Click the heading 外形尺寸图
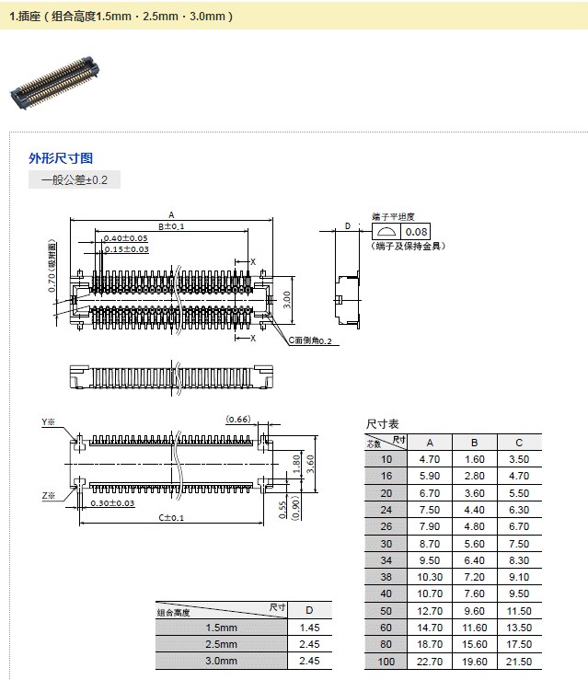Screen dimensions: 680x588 tap(61, 158)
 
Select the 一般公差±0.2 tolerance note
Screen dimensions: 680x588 tap(75, 180)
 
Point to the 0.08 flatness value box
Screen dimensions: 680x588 tap(417, 232)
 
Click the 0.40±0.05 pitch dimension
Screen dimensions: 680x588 tap(126, 238)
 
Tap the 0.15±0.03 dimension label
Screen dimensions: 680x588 tap(126, 249)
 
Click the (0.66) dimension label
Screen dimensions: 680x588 tap(237, 420)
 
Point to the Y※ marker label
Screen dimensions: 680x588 tap(49, 422)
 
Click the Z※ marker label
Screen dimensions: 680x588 tap(49, 496)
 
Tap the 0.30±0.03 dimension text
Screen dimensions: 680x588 tap(112, 503)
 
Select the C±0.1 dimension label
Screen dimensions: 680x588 tap(171, 518)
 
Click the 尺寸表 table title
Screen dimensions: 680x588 tap(382, 424)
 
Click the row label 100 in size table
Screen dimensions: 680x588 tap(386, 662)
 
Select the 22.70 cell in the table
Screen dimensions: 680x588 tap(430, 662)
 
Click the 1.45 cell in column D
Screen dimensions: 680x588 tap(309, 628)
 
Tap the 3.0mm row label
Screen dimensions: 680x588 tap(221, 661)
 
